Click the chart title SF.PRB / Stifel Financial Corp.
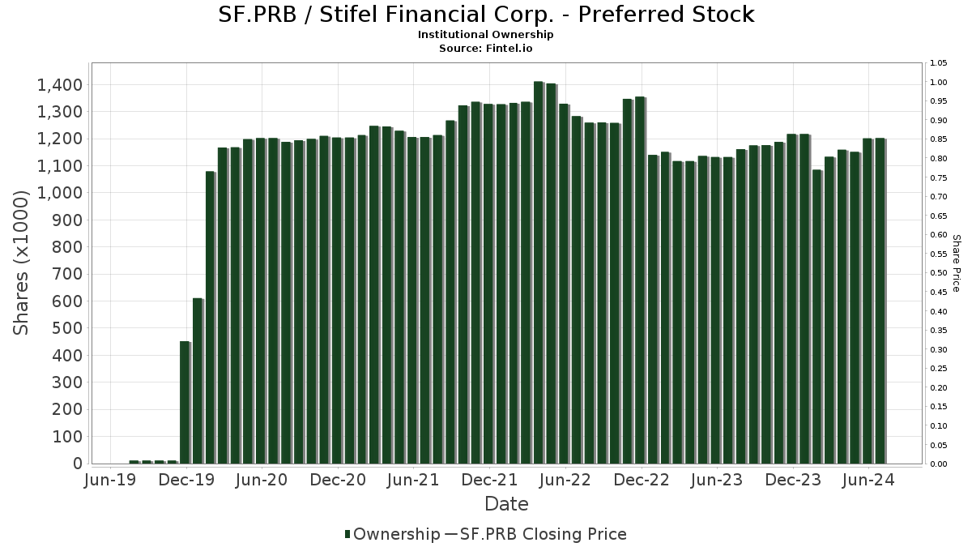tap(486, 15)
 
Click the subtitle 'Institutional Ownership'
tap(486, 35)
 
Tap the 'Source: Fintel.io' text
tap(486, 49)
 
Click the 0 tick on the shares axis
tap(77, 464)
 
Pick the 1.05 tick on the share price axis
tap(939, 63)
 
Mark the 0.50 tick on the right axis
tap(939, 273)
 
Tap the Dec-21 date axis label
tap(490, 481)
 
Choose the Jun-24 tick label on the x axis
tap(869, 481)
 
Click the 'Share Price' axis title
tap(957, 263)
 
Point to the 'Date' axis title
tap(506, 504)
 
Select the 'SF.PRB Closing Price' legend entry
tap(543, 534)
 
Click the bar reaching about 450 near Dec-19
tap(185, 403)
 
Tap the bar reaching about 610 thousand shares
tap(198, 381)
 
